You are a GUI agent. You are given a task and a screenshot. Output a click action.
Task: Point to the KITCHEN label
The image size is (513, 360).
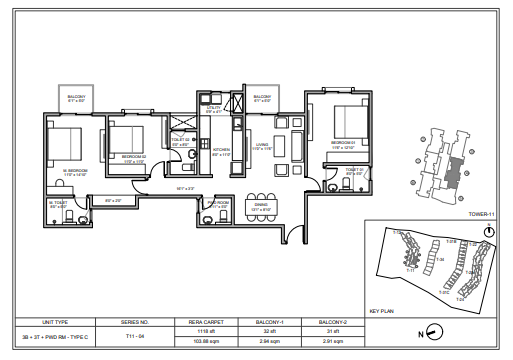[222, 152]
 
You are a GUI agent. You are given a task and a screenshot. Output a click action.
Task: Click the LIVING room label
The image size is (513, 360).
[263, 146]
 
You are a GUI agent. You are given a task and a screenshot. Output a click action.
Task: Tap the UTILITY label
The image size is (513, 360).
[211, 108]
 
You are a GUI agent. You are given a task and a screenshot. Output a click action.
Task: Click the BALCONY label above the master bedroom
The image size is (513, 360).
[77, 98]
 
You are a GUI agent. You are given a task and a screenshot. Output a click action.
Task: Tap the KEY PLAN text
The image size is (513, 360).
[384, 311]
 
